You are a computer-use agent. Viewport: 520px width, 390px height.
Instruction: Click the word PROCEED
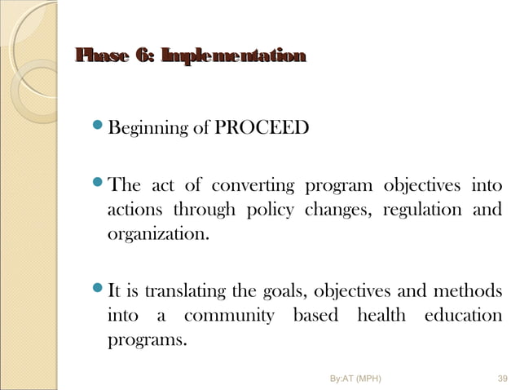tap(262, 128)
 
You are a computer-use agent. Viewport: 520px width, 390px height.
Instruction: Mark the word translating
tap(175, 290)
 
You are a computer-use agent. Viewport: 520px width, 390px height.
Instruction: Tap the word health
tap(378, 317)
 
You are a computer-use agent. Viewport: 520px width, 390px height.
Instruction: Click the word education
tap(463, 317)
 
